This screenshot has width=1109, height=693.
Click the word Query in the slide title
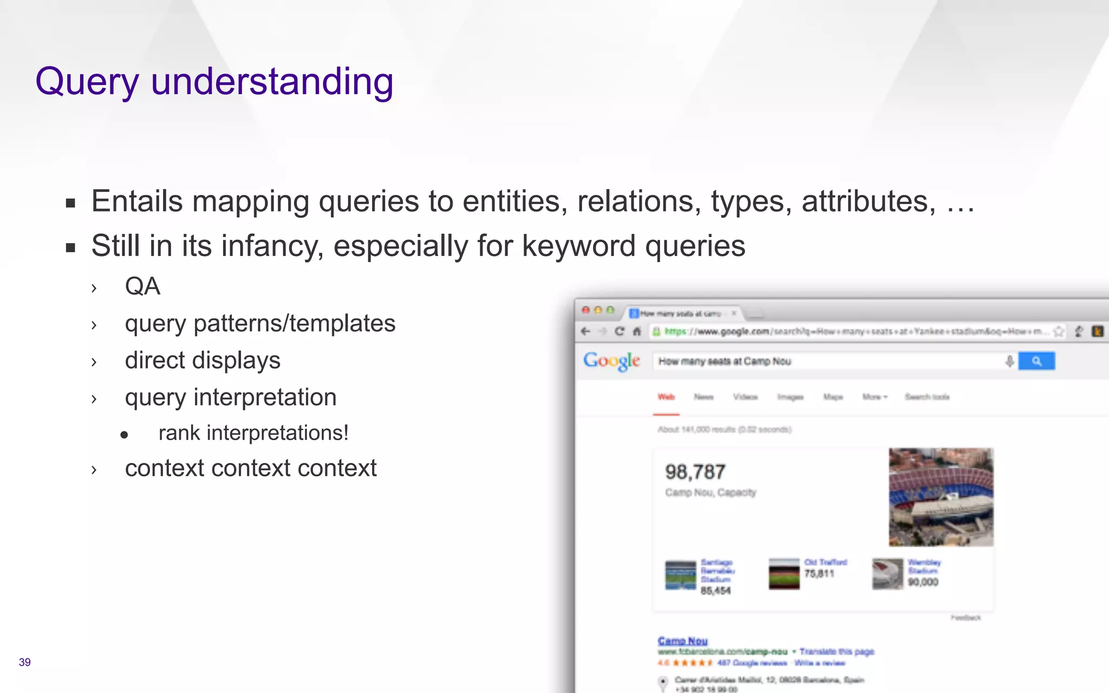point(87,82)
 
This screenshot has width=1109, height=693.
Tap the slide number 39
point(24,662)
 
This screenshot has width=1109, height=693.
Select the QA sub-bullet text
point(142,286)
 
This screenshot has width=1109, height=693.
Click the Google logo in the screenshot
point(611,361)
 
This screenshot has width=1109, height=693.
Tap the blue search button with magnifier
point(1036,361)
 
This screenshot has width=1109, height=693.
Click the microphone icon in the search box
point(1009,361)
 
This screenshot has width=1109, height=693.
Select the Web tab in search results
point(666,397)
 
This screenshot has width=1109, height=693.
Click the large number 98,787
point(695,472)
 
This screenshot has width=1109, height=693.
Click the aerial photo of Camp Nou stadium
point(941,496)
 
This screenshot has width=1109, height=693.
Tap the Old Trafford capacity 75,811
point(819,574)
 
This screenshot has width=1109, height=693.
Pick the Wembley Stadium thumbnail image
point(887,574)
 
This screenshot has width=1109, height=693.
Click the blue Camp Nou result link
point(682,641)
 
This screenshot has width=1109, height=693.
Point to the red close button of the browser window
point(585,310)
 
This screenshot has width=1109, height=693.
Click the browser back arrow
point(585,331)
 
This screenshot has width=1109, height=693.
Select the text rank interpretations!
point(253,433)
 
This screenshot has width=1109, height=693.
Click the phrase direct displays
point(203,361)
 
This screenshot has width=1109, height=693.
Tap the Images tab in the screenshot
point(790,397)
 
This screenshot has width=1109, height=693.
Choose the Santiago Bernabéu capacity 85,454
point(715,591)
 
